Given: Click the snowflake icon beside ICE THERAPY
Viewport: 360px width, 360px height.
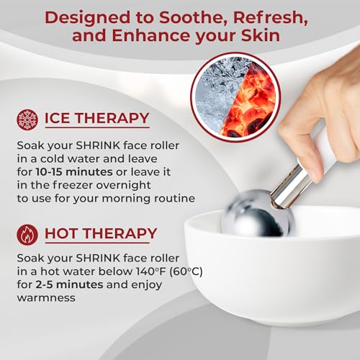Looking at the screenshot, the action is (x=27, y=120).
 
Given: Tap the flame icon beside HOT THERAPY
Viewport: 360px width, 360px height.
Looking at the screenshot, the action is (x=27, y=235).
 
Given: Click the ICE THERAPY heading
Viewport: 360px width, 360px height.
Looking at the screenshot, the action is (x=97, y=118).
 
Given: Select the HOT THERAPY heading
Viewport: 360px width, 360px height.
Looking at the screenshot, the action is (x=101, y=233).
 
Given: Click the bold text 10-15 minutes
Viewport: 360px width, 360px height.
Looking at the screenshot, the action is (x=74, y=172).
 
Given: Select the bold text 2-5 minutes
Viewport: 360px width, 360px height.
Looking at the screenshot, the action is (x=69, y=284).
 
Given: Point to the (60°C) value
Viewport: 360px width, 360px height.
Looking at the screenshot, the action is (x=186, y=271).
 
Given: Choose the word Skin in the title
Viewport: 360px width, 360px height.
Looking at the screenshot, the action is (x=261, y=35).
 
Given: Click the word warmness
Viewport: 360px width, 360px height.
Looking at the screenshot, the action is (x=46, y=298).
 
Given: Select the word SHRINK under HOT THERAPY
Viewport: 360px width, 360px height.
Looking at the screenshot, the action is (x=98, y=258).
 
